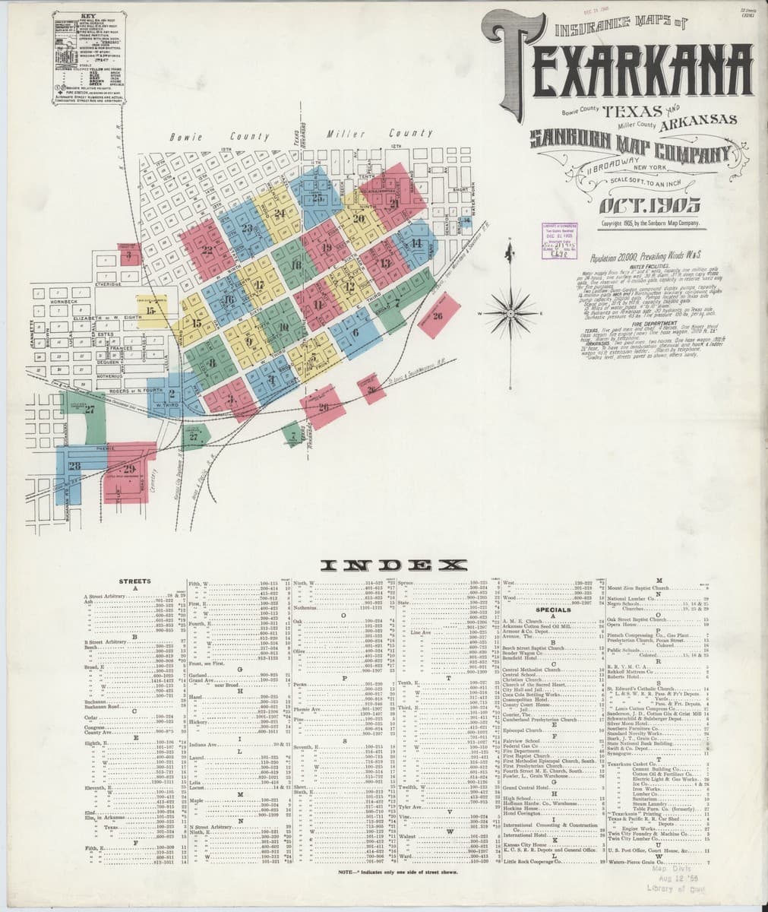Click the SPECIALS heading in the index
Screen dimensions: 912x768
click(x=553, y=610)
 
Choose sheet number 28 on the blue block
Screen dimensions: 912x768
click(x=74, y=466)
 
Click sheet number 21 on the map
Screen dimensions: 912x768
click(x=394, y=203)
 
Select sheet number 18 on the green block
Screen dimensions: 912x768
click(x=296, y=264)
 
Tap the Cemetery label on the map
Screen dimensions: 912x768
click(x=154, y=493)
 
